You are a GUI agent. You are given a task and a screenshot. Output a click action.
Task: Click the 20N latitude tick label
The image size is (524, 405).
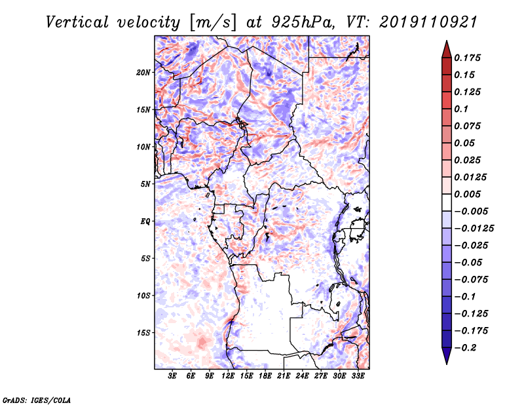click(143, 72)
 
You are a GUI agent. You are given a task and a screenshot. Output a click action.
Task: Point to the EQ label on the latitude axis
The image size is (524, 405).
click(145, 222)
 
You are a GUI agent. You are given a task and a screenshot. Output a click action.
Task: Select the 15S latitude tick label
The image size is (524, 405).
click(143, 333)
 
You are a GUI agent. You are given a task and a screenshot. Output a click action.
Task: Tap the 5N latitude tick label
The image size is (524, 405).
click(145, 184)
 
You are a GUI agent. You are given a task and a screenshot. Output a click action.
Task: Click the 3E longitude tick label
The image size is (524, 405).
click(172, 377)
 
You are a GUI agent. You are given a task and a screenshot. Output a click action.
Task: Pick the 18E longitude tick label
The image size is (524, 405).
click(265, 377)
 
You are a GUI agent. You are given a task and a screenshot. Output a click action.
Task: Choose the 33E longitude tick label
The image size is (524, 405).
click(358, 377)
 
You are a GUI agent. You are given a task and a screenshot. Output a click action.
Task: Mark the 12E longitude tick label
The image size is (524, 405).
click(228, 377)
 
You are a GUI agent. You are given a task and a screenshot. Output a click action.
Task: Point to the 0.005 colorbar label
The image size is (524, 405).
click(469, 195)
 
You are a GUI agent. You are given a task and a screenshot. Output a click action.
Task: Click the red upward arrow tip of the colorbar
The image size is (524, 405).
click(445, 47)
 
